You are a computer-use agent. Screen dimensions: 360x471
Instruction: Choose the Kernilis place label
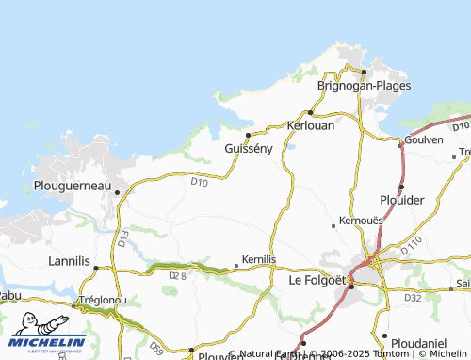(258, 258)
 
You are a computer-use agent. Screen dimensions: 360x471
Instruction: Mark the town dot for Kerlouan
(310, 113)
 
